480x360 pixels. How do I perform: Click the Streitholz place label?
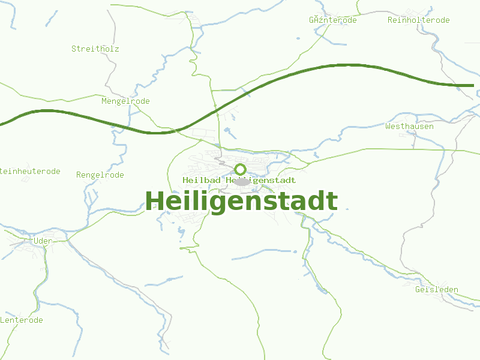point(95,49)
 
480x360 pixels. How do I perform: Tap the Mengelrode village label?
point(125,101)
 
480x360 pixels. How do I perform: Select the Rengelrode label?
point(100,175)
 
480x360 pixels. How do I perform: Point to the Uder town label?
point(43,241)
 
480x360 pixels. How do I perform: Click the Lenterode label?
point(22,320)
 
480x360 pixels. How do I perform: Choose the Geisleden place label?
point(436,290)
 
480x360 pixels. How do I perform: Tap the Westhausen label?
point(409,127)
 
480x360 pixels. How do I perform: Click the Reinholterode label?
point(418,20)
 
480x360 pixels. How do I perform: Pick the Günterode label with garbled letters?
point(332,20)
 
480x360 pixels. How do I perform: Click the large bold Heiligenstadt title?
point(241,201)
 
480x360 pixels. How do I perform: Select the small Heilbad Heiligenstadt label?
point(239,180)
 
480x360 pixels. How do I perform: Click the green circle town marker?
point(241,169)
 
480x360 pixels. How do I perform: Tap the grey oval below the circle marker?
point(241,181)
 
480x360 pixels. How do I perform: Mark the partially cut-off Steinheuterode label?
point(30,172)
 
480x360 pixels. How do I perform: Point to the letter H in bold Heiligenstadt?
point(155,201)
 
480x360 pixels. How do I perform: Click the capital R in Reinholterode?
point(391,20)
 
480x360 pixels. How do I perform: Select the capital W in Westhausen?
point(388,127)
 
